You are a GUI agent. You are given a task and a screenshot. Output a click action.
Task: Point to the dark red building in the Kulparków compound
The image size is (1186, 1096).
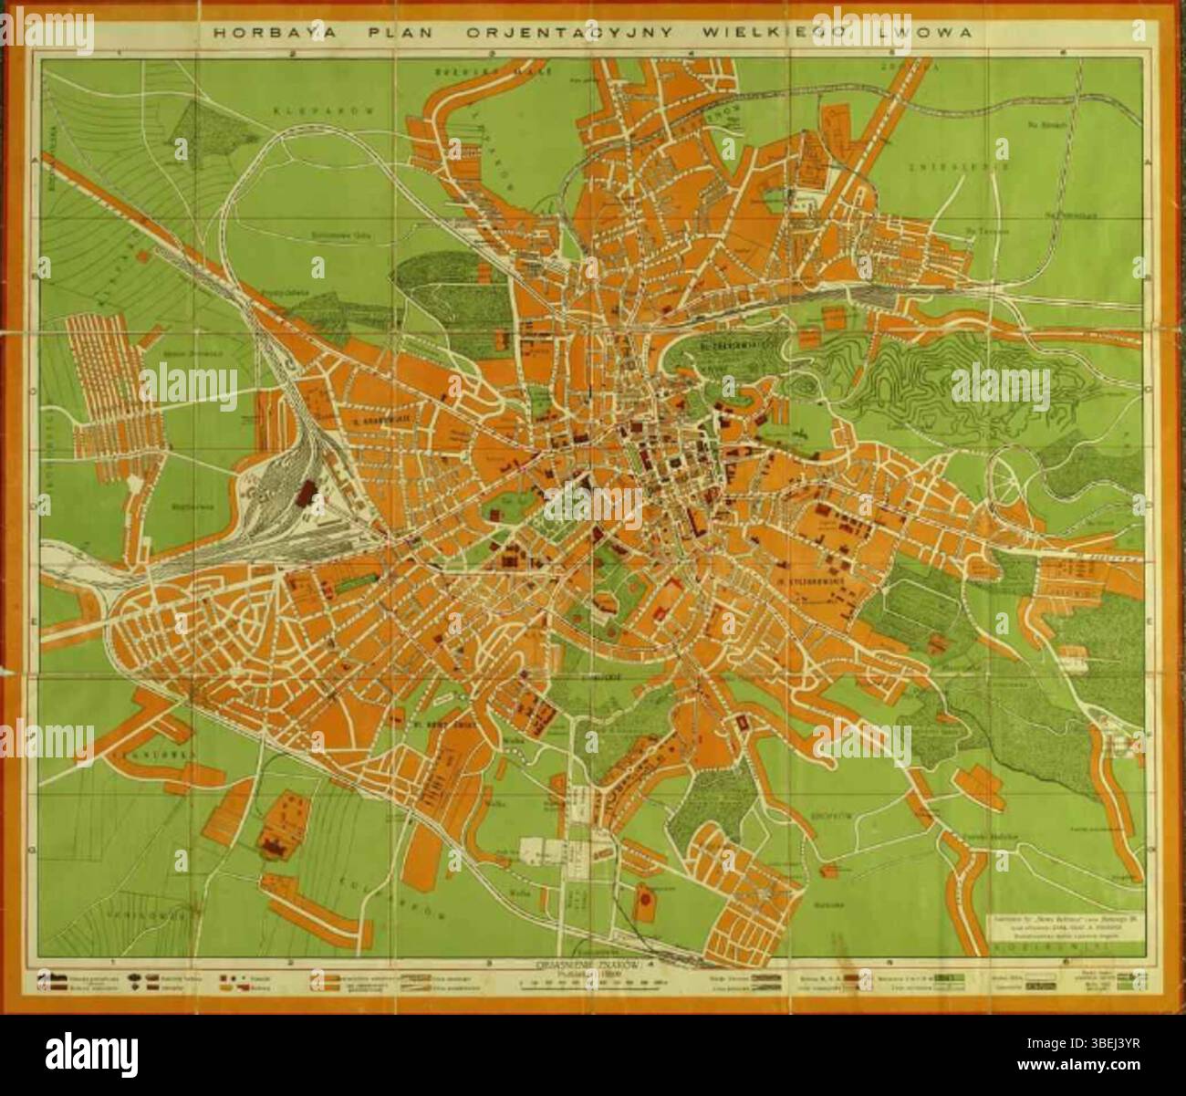pyautogui.click(x=274, y=848)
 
